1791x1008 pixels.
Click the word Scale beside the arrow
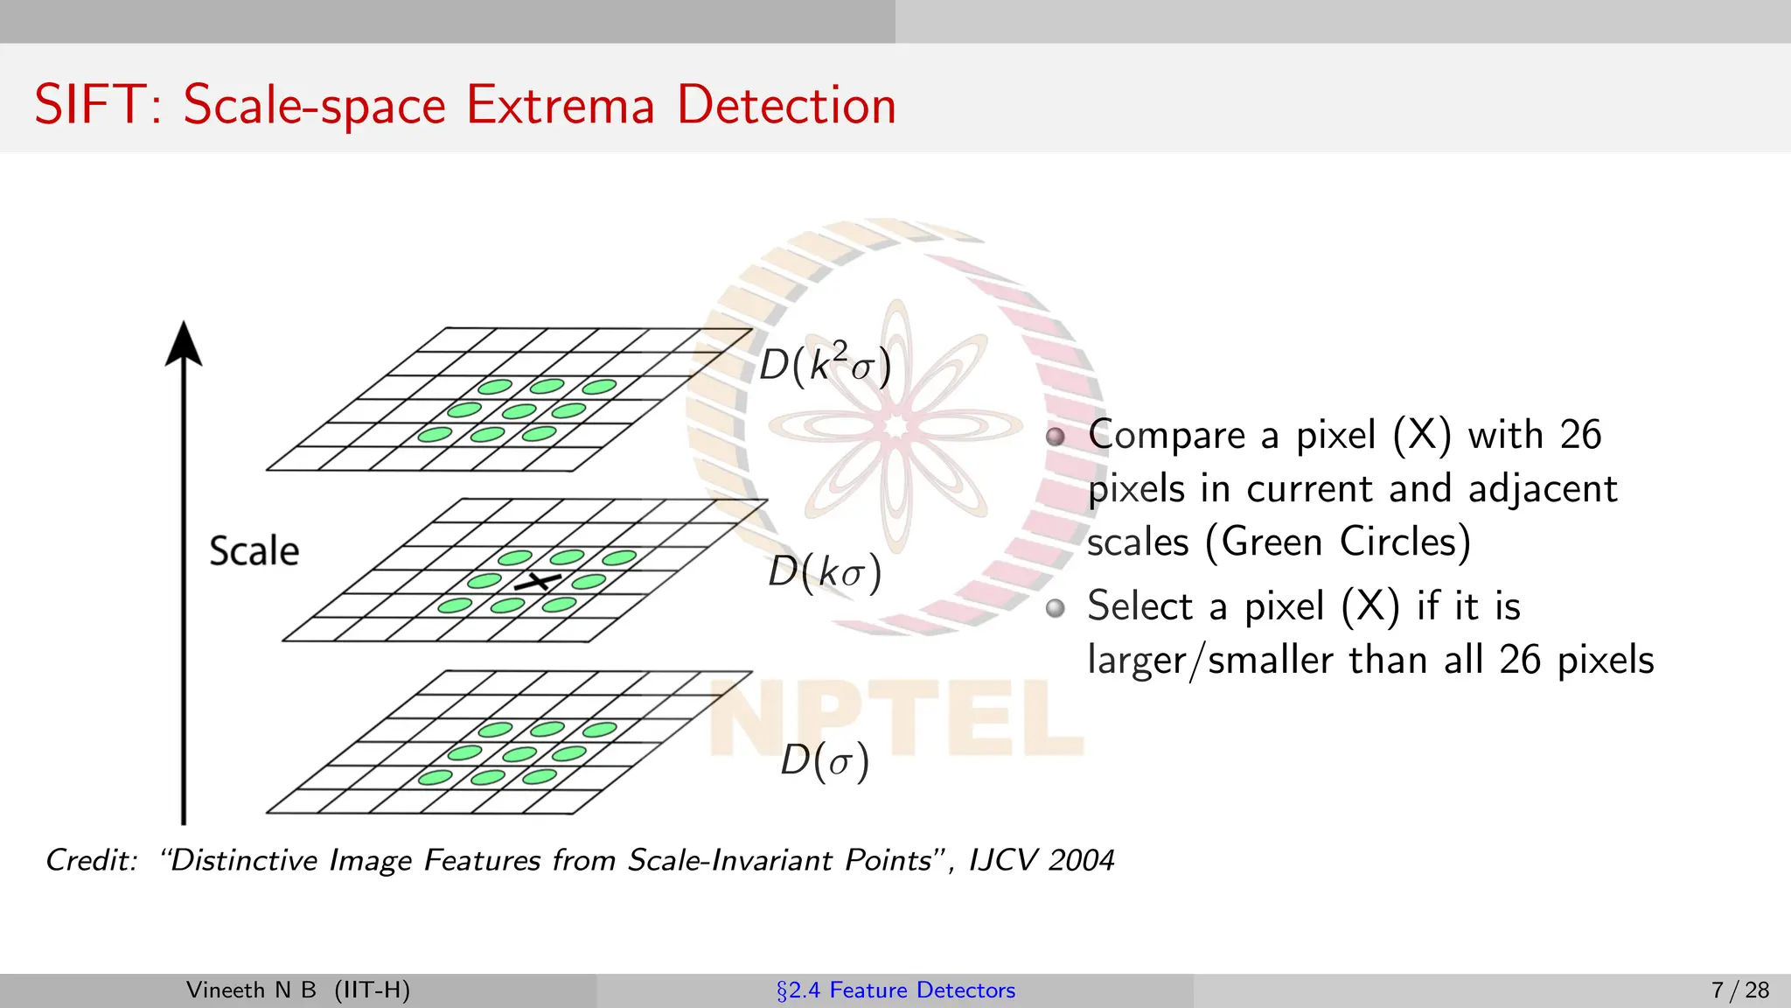click(x=254, y=551)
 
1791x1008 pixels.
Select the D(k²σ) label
click(x=825, y=364)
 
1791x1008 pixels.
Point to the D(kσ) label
click(x=825, y=572)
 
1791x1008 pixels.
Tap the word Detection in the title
click(x=786, y=105)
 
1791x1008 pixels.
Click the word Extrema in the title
click(x=560, y=105)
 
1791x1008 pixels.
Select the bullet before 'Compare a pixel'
click(x=1056, y=437)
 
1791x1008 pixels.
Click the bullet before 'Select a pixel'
click(x=1056, y=607)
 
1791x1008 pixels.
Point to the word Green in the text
click(x=1272, y=542)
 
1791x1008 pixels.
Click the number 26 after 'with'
click(x=1580, y=435)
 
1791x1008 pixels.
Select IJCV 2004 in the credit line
click(x=1042, y=860)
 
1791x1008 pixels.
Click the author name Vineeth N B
click(x=251, y=990)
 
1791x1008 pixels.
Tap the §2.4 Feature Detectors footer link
click(x=895, y=990)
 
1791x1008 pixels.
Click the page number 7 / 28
click(x=1739, y=990)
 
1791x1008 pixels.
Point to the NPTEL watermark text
click(x=895, y=717)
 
